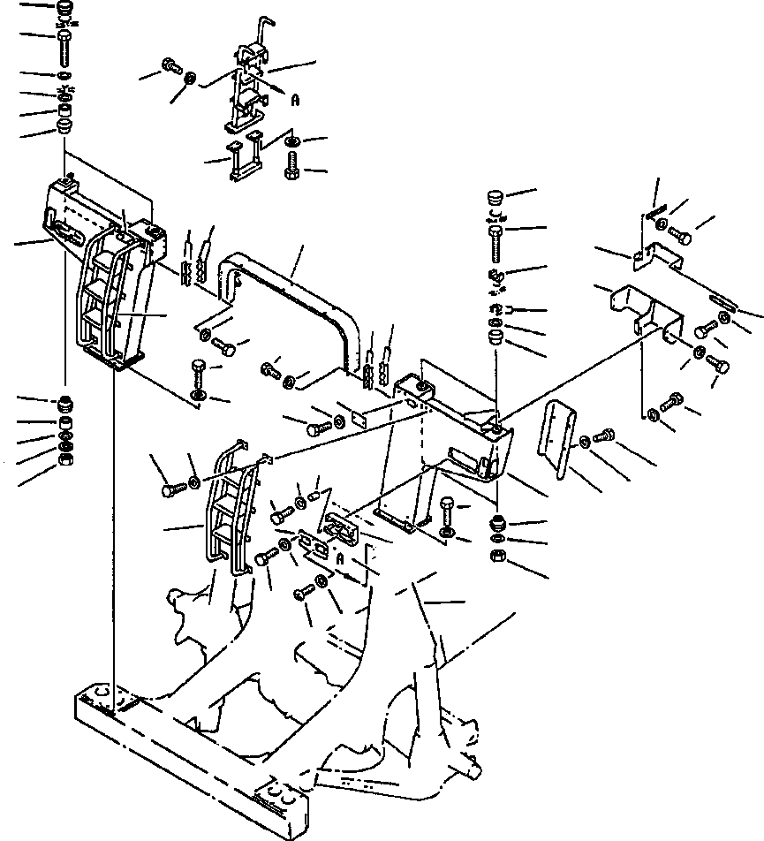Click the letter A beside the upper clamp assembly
297,101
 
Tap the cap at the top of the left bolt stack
64,11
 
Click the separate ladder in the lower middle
231,512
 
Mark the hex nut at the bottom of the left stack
64,458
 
